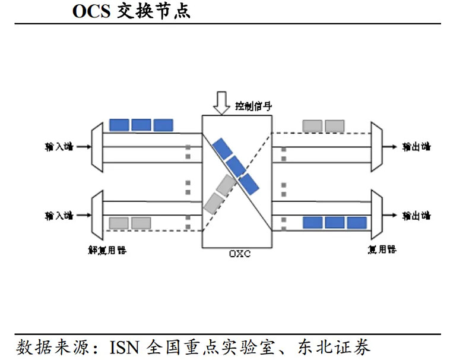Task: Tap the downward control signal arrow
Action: click(x=221, y=102)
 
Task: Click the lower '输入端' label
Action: click(x=59, y=215)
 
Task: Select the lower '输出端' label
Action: click(x=416, y=215)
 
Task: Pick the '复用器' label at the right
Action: click(x=382, y=250)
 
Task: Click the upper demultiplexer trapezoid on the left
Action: click(x=97, y=146)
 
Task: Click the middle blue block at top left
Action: click(x=141, y=125)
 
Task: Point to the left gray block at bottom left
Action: click(x=119, y=223)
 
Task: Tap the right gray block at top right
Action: click(x=334, y=126)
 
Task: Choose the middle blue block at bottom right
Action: click(x=334, y=223)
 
